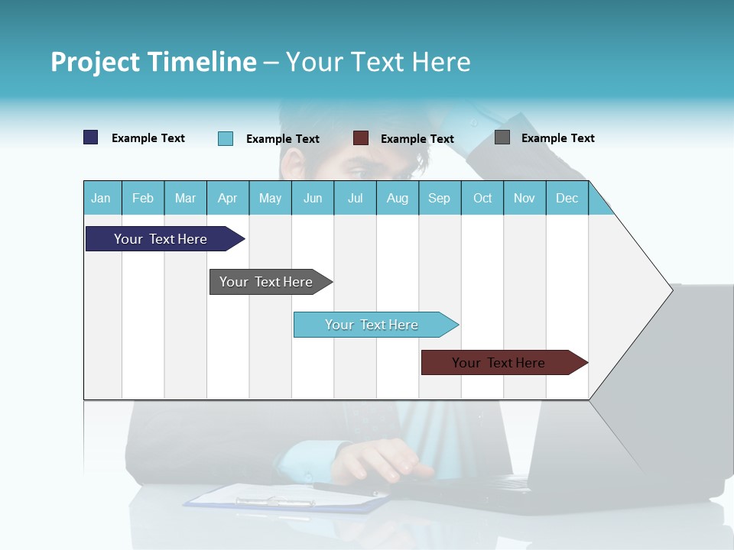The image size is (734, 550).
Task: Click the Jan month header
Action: coord(102,198)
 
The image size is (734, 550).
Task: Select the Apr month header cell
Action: coord(228,198)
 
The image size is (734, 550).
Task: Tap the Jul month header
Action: coord(355,198)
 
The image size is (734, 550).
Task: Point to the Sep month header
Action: coord(440,198)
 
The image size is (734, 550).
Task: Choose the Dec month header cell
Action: coord(567,198)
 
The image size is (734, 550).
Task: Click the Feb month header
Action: coord(143,198)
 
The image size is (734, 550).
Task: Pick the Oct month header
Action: coord(482,198)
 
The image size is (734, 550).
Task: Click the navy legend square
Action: coord(91,137)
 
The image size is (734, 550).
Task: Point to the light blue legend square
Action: coord(226,138)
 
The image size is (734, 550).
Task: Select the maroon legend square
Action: coord(361,138)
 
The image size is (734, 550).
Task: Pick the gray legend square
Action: coord(502,137)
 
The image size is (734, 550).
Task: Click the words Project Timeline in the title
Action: coord(154,62)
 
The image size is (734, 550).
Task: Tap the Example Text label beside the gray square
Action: coord(557,138)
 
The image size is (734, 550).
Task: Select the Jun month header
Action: coord(313,198)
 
